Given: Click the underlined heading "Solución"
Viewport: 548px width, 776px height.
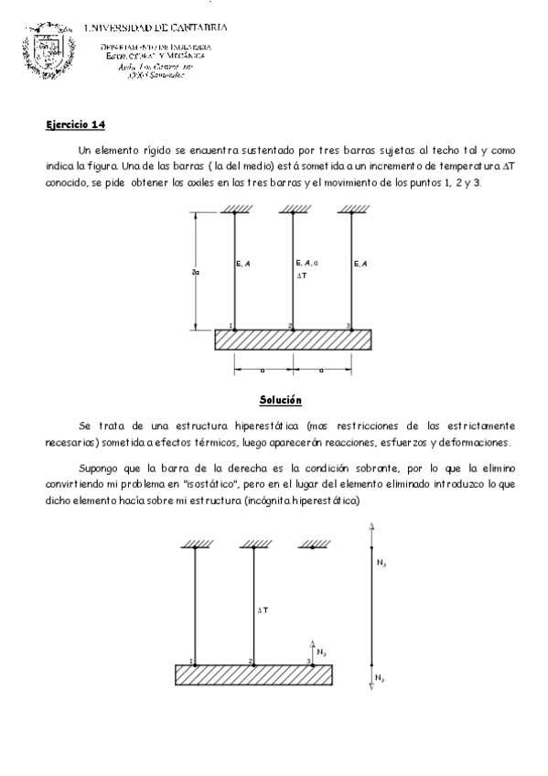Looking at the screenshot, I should (x=280, y=400).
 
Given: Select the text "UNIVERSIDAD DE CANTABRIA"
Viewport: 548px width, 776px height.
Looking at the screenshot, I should (x=156, y=27).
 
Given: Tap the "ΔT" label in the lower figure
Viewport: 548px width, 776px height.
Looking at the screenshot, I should (x=262, y=609).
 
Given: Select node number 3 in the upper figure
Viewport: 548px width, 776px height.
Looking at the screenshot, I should (x=348, y=326).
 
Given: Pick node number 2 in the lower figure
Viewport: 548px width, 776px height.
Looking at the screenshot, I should (x=250, y=660).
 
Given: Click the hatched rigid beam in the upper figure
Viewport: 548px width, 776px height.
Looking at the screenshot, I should (x=293, y=340).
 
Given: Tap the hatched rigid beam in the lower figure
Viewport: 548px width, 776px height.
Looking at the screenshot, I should (x=253, y=675).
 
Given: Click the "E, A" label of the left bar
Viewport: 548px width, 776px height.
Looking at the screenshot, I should (x=244, y=264).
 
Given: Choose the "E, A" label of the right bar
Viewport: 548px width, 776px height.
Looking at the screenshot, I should (x=361, y=264).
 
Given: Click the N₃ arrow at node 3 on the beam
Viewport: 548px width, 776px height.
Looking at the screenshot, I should (x=314, y=651).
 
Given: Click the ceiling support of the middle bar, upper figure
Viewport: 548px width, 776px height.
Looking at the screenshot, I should (x=293, y=210).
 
